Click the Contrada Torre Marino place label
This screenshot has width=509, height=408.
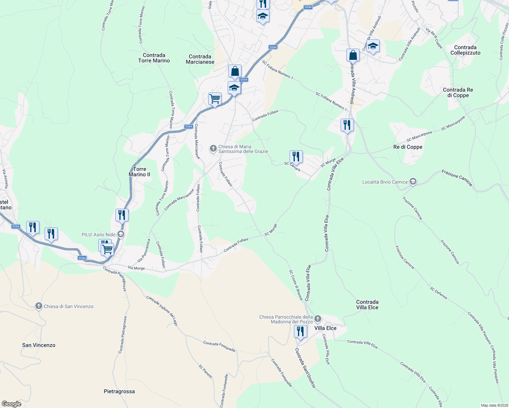154,58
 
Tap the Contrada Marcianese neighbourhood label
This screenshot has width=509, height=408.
200,59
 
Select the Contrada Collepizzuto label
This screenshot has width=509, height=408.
465,50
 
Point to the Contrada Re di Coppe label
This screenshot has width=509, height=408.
458,92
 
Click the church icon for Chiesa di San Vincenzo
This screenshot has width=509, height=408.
39,306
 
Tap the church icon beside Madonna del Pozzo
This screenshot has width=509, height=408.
318,319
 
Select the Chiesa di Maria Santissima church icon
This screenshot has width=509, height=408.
213,148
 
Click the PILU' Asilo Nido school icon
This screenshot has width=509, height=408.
120,234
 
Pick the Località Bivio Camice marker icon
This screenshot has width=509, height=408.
413,182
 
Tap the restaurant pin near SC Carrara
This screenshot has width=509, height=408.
296,157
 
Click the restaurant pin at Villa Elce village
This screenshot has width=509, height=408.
300,331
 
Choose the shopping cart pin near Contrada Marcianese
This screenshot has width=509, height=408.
215,99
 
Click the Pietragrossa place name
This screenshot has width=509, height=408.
119,391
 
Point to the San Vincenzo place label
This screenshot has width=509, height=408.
38,345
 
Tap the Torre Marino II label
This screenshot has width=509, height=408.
139,172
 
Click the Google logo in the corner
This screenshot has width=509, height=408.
12,404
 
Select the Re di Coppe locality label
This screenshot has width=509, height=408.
408,147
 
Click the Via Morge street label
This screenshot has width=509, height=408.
136,268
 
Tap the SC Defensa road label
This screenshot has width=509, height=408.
438,293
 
